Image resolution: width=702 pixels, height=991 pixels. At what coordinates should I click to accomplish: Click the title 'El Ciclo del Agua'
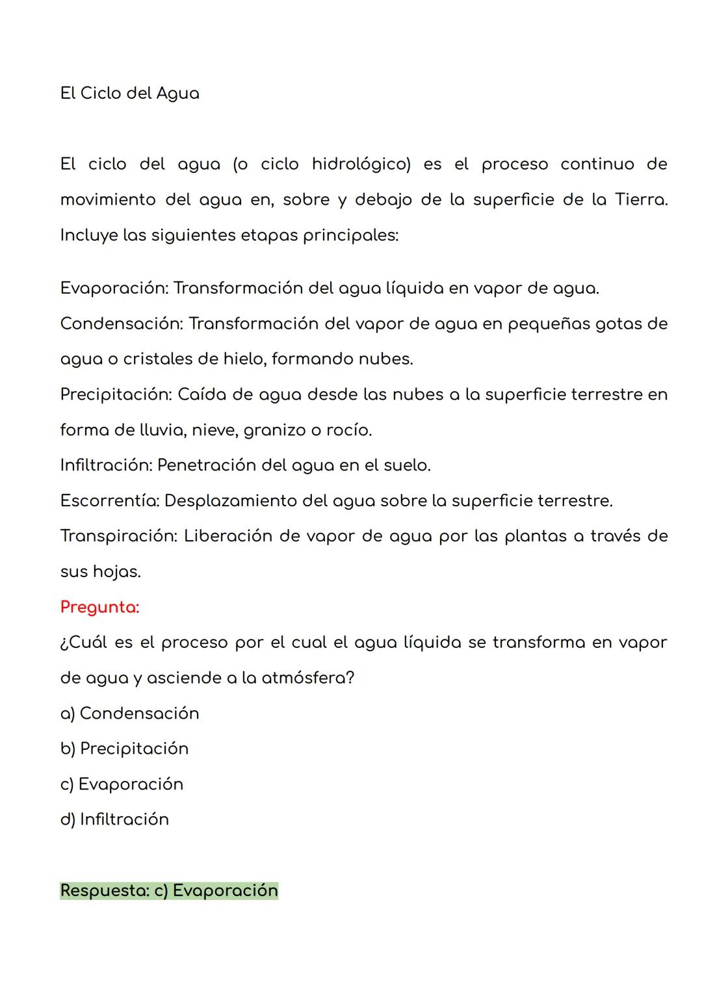[x=129, y=94]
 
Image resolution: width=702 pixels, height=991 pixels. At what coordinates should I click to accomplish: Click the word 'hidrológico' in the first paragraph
[x=361, y=164]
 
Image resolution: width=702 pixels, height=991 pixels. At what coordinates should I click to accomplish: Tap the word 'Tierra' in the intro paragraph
[x=641, y=199]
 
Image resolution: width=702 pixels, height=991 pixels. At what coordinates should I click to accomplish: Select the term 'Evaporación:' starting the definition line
[x=114, y=288]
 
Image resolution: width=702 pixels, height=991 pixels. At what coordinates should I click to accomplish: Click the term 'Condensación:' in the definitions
[x=121, y=324]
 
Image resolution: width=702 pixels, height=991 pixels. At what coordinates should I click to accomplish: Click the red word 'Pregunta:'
[x=99, y=607]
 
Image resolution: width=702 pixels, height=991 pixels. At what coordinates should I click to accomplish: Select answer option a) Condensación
[x=129, y=714]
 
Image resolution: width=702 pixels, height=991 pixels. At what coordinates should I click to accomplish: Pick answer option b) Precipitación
[x=124, y=749]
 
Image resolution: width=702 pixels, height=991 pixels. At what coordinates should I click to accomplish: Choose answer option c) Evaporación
[x=122, y=784]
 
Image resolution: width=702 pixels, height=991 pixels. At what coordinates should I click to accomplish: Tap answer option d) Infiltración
[x=114, y=819]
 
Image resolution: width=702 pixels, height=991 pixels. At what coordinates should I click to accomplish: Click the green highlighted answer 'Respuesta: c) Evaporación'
[x=169, y=890]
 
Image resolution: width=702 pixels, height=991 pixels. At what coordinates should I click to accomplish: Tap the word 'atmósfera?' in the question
[x=307, y=678]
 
